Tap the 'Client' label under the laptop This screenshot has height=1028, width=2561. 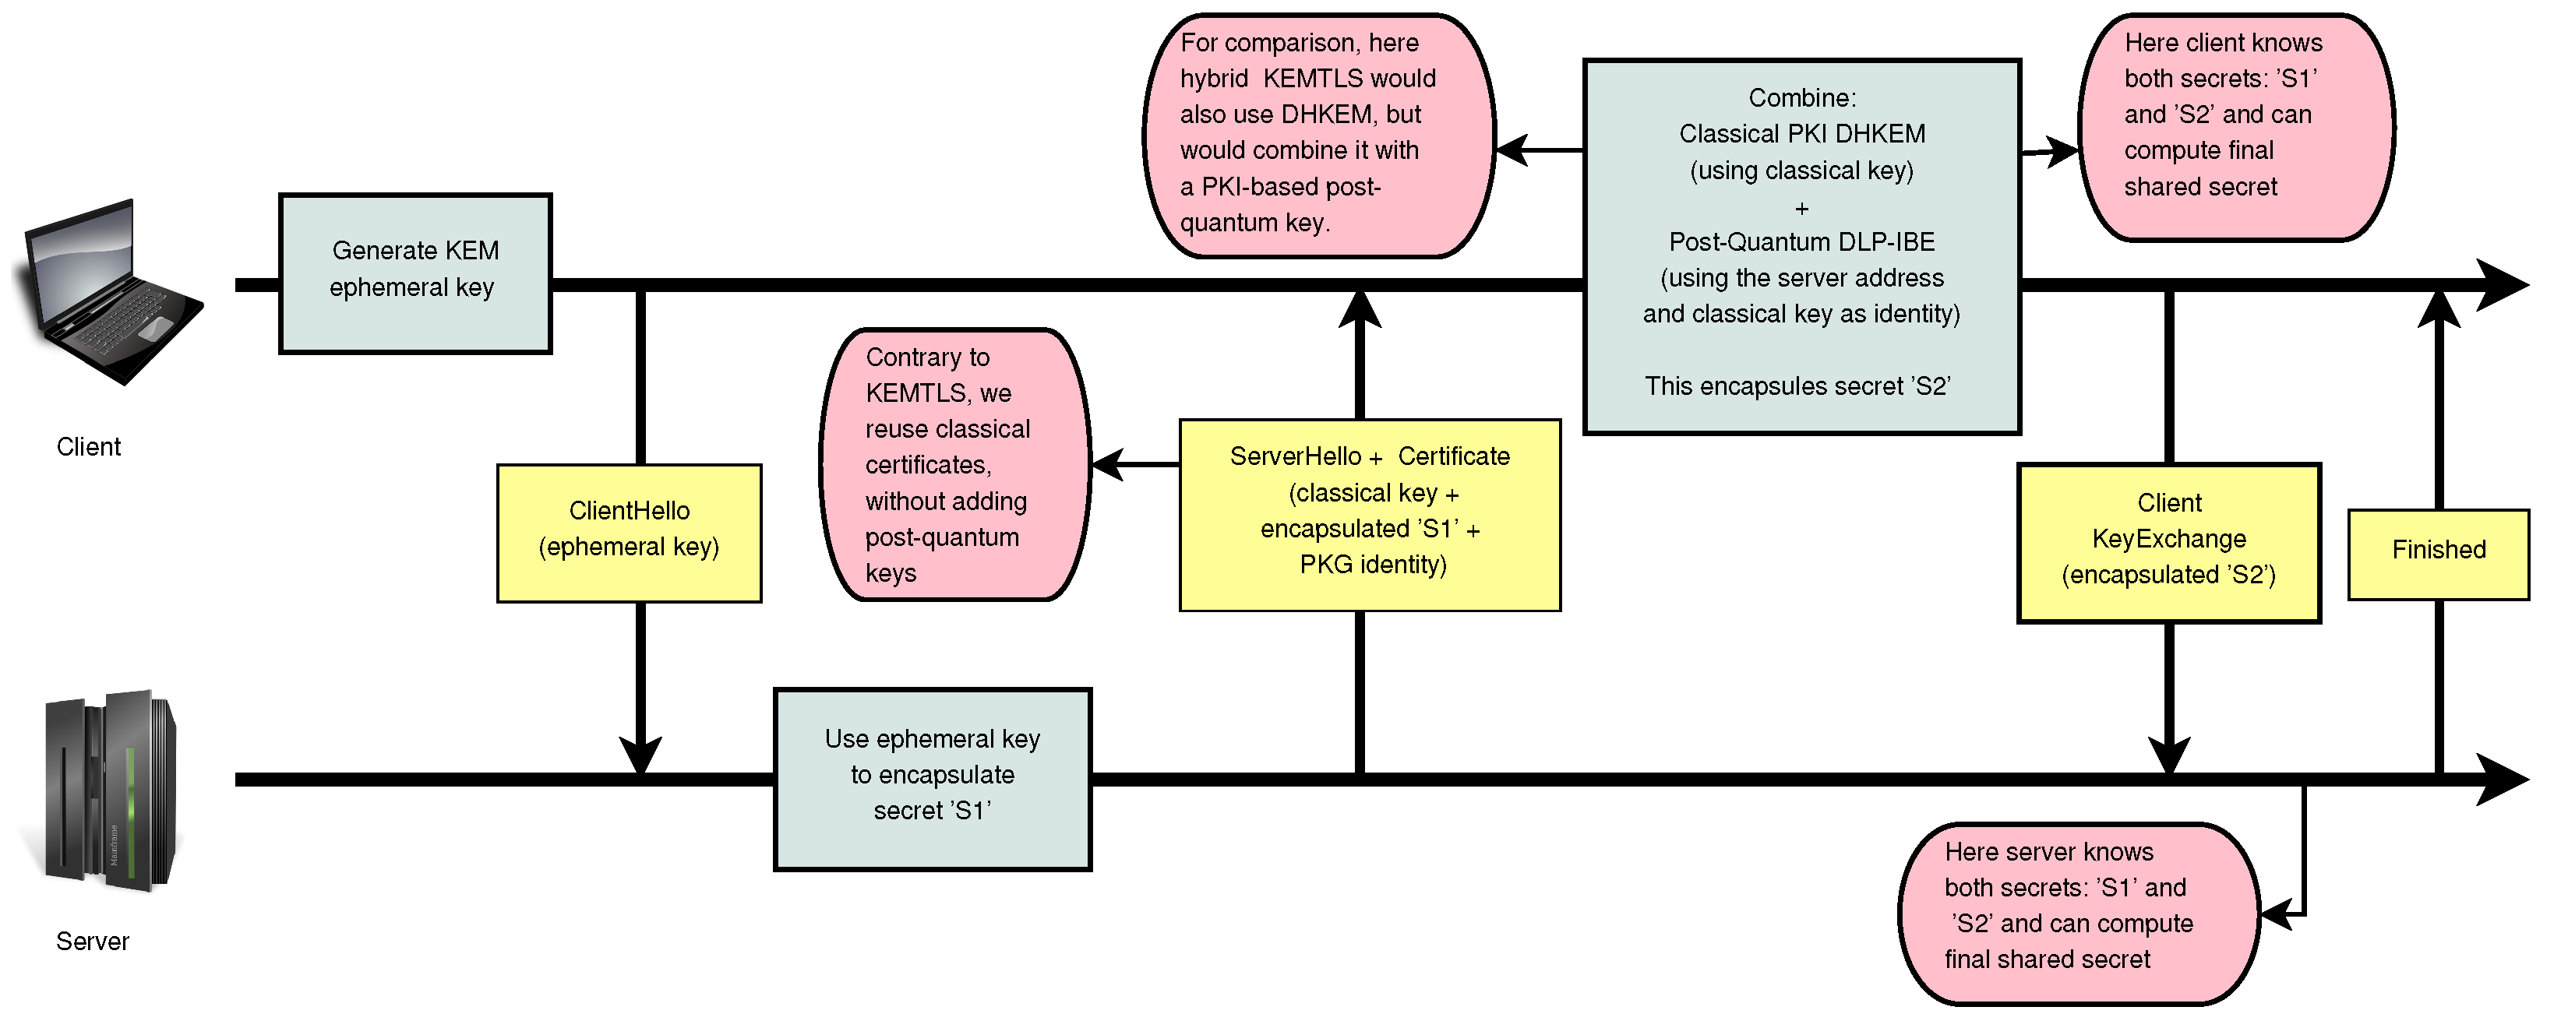(x=89, y=447)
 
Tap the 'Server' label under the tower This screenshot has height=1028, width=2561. (x=93, y=942)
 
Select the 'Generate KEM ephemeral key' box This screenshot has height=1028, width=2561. (x=415, y=273)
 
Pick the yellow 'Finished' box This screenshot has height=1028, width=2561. (x=2438, y=554)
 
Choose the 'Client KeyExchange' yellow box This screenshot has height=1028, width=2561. (x=2168, y=543)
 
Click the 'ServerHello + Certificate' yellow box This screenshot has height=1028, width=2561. (x=1369, y=515)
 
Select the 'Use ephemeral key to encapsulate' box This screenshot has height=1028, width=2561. (x=933, y=780)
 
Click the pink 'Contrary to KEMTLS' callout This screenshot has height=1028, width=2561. (x=955, y=464)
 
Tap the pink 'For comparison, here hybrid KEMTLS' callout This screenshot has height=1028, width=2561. (x=1318, y=136)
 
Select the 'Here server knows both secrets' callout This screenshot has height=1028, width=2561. (x=2078, y=914)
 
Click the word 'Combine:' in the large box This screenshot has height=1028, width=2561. (x=1801, y=97)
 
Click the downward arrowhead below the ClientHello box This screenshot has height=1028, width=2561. (x=640, y=755)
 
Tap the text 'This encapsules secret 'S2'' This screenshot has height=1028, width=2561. (x=1797, y=385)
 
